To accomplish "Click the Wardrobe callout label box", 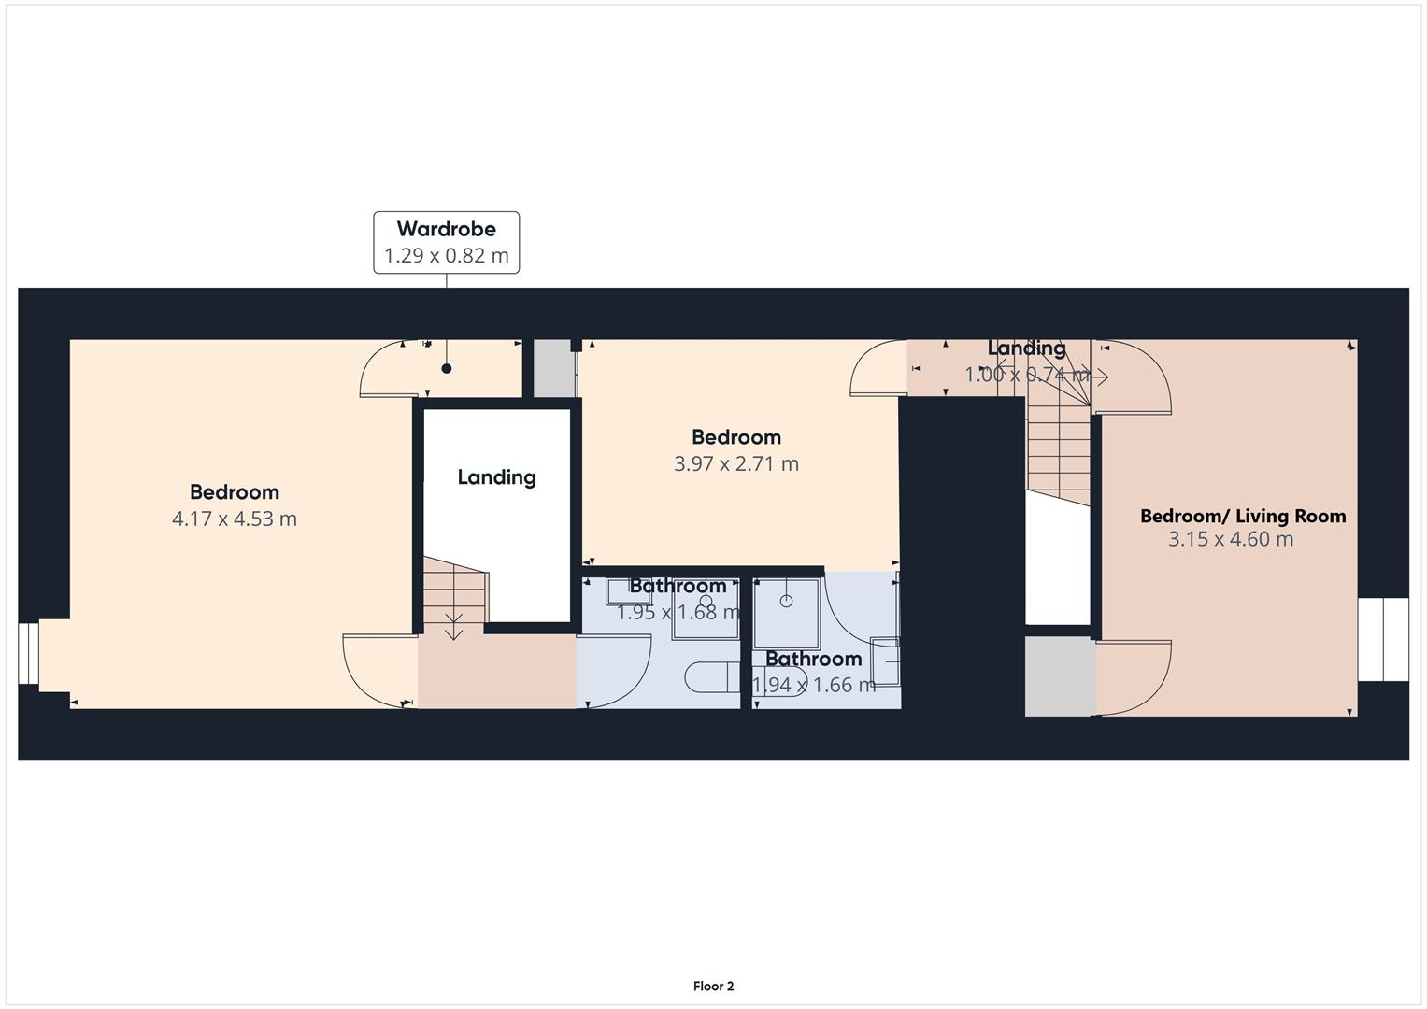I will [x=446, y=242].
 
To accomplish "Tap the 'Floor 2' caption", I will [x=713, y=986].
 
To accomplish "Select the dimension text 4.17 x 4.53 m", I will [x=235, y=519].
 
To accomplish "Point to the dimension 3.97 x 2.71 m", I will [x=736, y=463].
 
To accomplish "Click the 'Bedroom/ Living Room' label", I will [x=1243, y=516].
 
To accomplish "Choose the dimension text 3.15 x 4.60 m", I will [x=1231, y=539].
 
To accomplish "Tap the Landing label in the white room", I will [x=496, y=477].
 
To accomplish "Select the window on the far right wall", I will [x=1382, y=639].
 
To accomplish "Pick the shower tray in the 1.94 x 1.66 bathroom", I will [x=787, y=613].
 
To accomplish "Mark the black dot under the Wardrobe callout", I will [x=447, y=369].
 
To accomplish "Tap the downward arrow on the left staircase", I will [x=453, y=628].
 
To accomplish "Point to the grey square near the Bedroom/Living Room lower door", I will [x=1060, y=676].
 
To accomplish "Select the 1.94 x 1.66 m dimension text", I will [x=814, y=685].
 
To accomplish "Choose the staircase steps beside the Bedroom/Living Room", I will [x=1058, y=448].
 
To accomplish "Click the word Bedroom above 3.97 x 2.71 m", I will [x=736, y=437].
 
